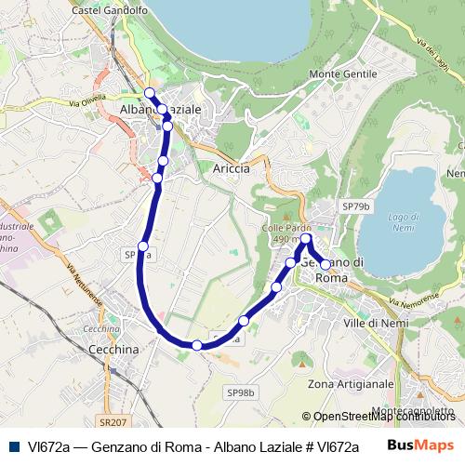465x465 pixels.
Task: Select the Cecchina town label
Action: pyautogui.click(x=113, y=349)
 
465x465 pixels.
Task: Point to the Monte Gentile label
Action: pyautogui.click(x=342, y=73)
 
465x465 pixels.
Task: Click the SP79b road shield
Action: pyautogui.click(x=355, y=206)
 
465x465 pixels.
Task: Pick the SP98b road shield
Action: pyautogui.click(x=240, y=393)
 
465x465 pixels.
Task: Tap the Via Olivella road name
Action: pyautogui.click(x=88, y=100)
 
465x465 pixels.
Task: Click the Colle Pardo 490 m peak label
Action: pyautogui.click(x=286, y=233)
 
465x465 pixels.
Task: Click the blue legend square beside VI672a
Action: pyautogui.click(x=13, y=445)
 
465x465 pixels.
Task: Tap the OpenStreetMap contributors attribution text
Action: pyautogui.click(x=379, y=417)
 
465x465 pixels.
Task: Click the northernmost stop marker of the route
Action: pyautogui.click(x=150, y=92)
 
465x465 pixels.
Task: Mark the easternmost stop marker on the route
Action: pyautogui.click(x=325, y=265)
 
